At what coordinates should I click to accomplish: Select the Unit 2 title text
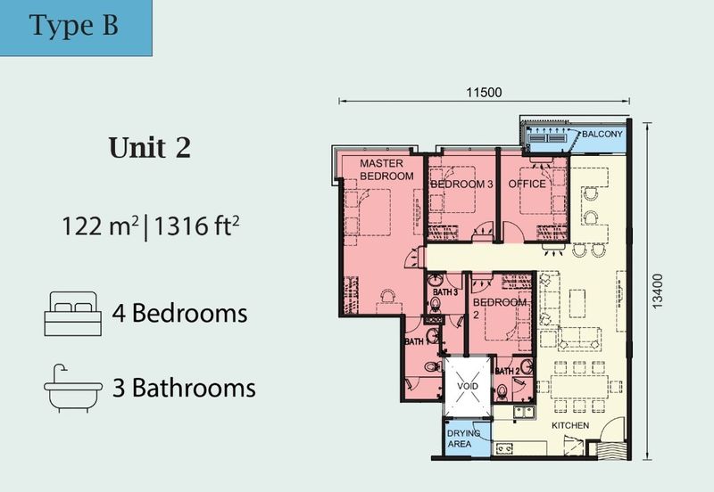[149, 148]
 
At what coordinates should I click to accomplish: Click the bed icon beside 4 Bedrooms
[72, 313]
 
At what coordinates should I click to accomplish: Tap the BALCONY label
[602, 135]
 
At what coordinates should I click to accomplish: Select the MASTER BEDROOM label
[386, 170]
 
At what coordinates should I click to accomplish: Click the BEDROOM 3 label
[461, 184]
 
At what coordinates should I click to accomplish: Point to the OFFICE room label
[527, 184]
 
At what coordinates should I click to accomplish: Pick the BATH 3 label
[445, 291]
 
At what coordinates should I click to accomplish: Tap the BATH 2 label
[507, 371]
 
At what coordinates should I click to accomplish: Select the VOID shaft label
[469, 386]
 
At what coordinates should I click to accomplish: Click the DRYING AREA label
[464, 438]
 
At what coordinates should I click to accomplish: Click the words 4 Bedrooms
[179, 314]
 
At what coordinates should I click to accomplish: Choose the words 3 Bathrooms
[184, 389]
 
